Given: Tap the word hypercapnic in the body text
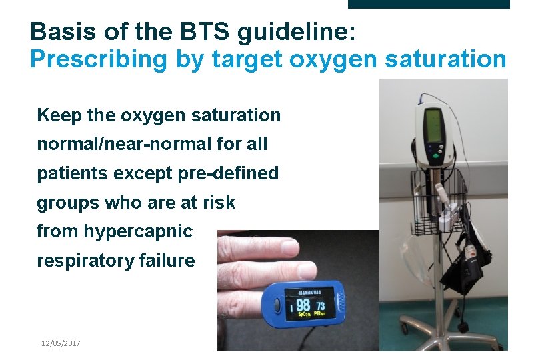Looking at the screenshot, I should pos(138,231).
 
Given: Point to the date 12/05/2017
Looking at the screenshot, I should pos(61,343).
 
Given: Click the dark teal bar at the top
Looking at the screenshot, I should pos(429,4).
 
